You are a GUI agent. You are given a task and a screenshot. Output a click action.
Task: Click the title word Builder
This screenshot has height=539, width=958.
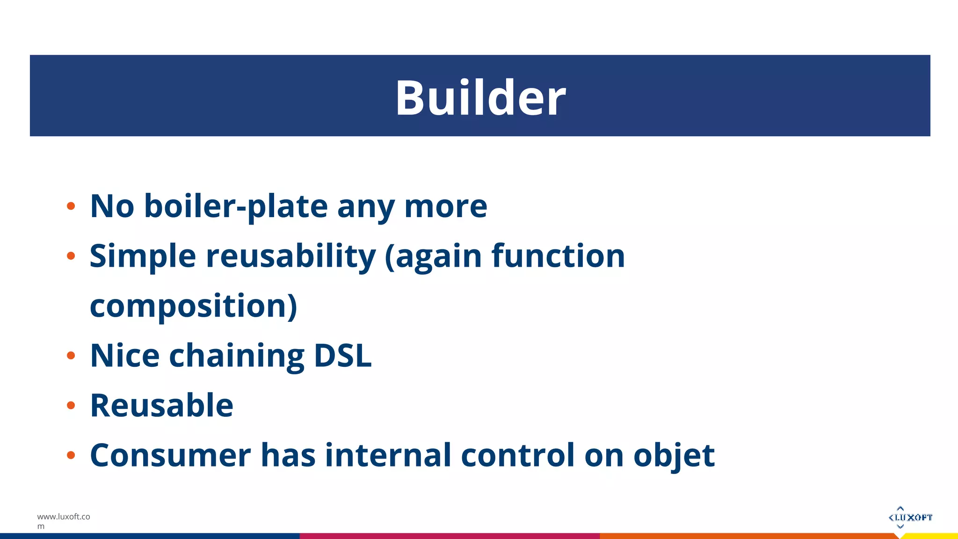pos(480,98)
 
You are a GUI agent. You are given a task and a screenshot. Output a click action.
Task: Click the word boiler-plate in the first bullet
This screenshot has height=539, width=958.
pos(236,206)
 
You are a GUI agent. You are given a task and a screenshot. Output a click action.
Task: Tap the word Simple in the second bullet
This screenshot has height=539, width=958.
pos(143,256)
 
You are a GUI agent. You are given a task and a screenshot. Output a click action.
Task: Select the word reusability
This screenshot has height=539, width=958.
pos(291,256)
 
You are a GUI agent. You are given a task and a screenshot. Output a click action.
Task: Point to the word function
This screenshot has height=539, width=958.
pos(558,256)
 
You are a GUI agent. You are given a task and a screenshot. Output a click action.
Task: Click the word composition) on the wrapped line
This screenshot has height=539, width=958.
pos(193,306)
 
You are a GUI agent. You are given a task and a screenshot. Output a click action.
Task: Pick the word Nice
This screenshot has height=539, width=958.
pos(124,356)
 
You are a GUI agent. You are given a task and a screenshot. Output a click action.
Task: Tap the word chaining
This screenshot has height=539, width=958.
pos(237,357)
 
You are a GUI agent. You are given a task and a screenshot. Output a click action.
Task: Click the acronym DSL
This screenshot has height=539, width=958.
pos(342,356)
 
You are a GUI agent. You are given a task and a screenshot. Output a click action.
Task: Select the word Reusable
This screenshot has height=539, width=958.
pos(161,405)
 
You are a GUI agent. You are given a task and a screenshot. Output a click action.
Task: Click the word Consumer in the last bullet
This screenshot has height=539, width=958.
pos(170,455)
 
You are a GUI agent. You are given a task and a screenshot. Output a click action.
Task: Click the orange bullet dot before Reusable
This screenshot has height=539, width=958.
pos(71,405)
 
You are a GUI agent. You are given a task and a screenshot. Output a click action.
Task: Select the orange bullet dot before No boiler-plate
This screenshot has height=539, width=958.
pos(71,206)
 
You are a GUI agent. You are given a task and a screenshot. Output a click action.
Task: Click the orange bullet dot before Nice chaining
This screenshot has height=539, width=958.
pos(71,356)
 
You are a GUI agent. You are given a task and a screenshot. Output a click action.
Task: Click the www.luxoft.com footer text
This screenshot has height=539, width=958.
pos(63,521)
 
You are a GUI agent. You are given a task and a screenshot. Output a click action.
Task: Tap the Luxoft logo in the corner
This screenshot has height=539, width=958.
pos(910,517)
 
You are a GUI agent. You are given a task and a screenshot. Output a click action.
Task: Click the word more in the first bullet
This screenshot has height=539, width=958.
pos(445,206)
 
